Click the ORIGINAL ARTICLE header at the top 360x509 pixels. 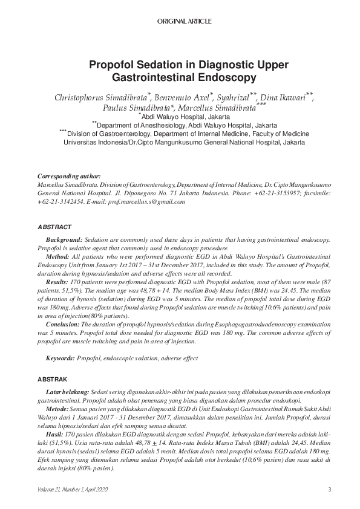(184, 21)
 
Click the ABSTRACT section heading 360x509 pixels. (54, 227)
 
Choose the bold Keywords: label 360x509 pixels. (61, 358)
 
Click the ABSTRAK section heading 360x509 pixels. (53, 378)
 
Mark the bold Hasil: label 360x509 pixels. (56, 433)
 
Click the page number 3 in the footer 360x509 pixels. (329, 489)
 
